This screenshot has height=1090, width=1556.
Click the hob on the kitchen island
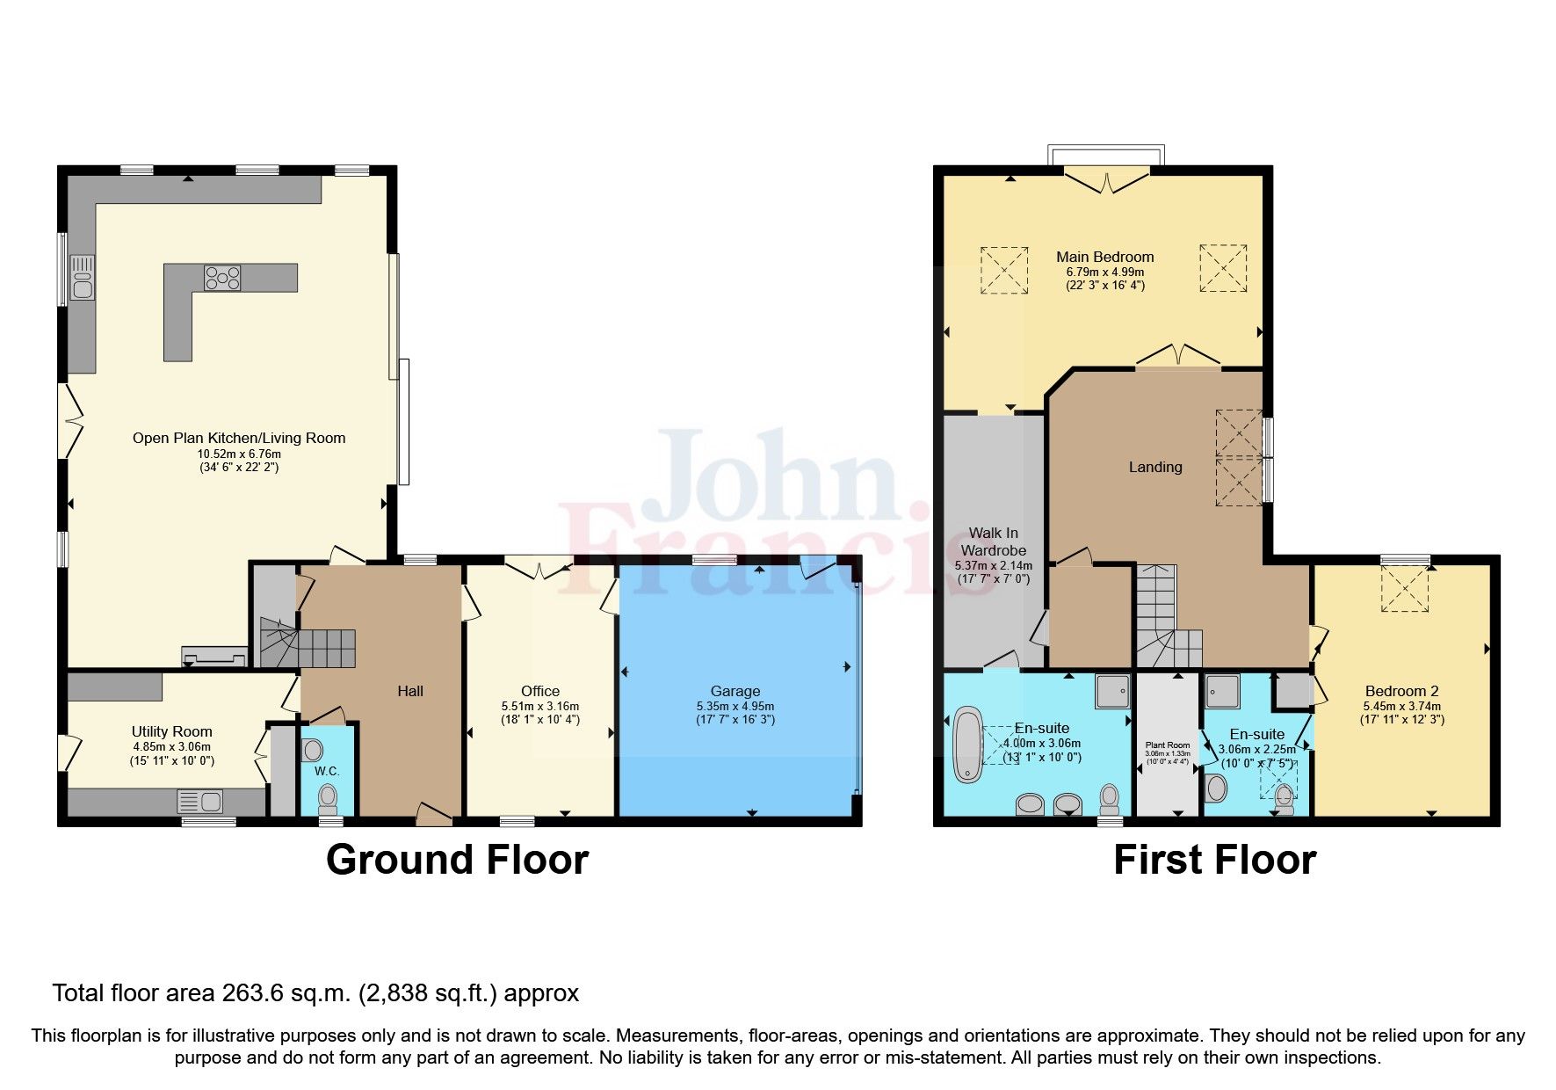(x=222, y=278)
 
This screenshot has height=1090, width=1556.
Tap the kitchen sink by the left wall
(x=83, y=278)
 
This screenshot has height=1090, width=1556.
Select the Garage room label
(x=735, y=691)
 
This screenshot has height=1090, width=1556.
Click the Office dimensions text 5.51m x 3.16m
(x=539, y=706)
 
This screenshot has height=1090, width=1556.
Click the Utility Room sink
(x=200, y=802)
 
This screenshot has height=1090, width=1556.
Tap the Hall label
(x=410, y=691)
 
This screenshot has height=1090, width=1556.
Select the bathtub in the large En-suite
(x=968, y=744)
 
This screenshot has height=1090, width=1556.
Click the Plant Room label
(x=1168, y=745)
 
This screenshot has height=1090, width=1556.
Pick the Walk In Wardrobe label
(x=994, y=541)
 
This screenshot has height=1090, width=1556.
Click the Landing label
(x=1155, y=467)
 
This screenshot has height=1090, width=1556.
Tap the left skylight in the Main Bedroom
(x=1004, y=270)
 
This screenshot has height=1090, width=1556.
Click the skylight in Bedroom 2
(x=1405, y=588)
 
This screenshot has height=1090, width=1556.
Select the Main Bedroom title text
(x=1105, y=257)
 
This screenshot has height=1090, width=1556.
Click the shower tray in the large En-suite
(x=1112, y=691)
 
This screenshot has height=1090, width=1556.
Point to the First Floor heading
(x=1215, y=860)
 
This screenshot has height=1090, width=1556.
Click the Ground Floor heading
(x=457, y=860)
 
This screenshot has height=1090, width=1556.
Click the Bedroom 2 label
(x=1402, y=691)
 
